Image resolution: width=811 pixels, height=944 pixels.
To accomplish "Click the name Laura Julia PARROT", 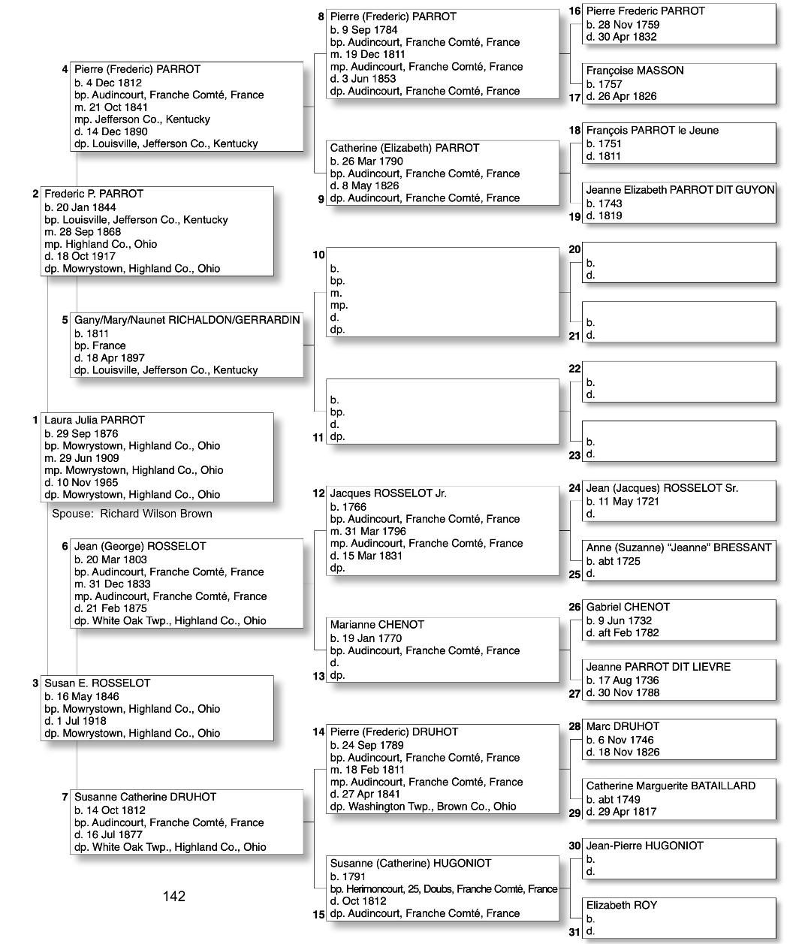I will coord(94,420).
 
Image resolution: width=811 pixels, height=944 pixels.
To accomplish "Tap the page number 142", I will coord(173,896).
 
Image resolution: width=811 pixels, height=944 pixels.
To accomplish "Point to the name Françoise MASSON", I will coord(635,71).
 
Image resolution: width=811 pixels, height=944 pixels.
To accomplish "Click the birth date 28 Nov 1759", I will coord(623,24).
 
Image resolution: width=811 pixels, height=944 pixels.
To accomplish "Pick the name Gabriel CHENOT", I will coord(628,607).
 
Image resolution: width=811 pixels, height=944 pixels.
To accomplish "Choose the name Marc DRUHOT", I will coord(623,726).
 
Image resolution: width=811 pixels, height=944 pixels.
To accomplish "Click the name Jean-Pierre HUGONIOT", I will coord(644,846).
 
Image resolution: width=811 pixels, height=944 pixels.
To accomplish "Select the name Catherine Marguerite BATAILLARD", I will coord(671,786).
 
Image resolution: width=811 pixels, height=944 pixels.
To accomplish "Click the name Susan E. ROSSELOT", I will coord(97,683).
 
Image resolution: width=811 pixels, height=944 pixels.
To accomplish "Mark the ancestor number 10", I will coord(318,255).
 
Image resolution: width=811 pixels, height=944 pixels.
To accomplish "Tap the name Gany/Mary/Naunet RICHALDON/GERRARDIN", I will coord(187,320).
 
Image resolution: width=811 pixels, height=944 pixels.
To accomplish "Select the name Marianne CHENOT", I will coord(377,624).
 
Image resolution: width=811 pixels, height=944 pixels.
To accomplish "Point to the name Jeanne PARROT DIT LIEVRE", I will coord(658,666).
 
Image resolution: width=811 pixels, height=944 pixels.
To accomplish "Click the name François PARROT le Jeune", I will coord(652,130).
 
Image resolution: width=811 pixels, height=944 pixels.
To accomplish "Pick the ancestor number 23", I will coord(574,455).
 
